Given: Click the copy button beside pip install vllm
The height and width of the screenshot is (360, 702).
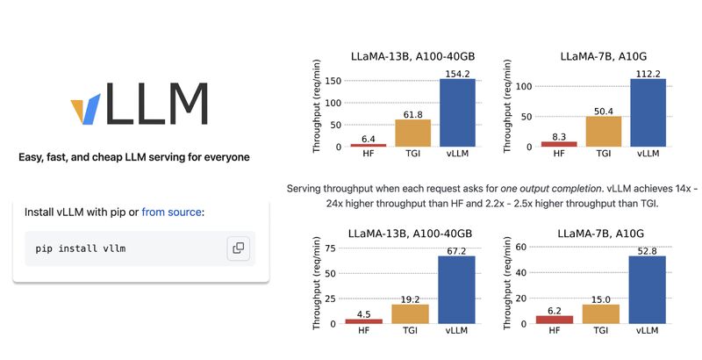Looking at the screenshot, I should click(238, 248).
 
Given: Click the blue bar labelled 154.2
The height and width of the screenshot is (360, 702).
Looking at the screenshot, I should click(457, 112).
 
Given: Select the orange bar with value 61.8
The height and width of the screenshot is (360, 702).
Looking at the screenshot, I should click(412, 133).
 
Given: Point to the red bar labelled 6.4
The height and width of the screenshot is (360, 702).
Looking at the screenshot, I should click(368, 144).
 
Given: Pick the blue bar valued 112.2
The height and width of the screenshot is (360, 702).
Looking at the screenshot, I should click(648, 112).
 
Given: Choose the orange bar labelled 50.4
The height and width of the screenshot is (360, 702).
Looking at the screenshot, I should click(603, 131).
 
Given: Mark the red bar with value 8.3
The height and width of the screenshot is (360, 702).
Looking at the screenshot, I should click(559, 143).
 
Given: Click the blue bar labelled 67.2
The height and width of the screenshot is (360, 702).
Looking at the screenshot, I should click(457, 290).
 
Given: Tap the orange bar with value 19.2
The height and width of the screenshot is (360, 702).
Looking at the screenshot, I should click(412, 313).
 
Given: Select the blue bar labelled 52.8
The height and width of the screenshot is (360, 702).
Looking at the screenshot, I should click(648, 290).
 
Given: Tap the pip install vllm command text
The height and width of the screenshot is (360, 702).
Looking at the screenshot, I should click(81, 248).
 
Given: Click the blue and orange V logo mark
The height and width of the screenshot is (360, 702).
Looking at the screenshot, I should click(84, 111).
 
